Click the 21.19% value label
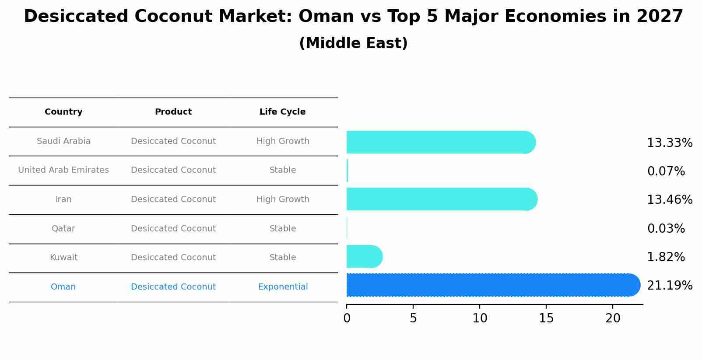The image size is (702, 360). click(669, 286)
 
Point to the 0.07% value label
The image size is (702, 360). click(666, 171)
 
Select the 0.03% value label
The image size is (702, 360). click(666, 229)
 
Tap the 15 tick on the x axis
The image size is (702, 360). click(546, 318)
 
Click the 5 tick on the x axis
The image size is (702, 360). click(413, 318)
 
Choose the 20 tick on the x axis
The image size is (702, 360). click(613, 318)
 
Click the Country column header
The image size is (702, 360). click(63, 112)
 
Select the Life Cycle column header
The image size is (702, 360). click(282, 112)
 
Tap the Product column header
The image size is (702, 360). click(173, 112)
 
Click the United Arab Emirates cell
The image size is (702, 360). click(63, 170)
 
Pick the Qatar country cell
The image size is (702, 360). click(63, 229)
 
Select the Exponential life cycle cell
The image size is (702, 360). click(283, 287)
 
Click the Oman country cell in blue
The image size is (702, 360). click(63, 287)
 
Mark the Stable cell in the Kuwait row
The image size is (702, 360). click(283, 258)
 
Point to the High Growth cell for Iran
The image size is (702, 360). click(283, 199)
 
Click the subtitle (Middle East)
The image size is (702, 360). click(353, 43)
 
